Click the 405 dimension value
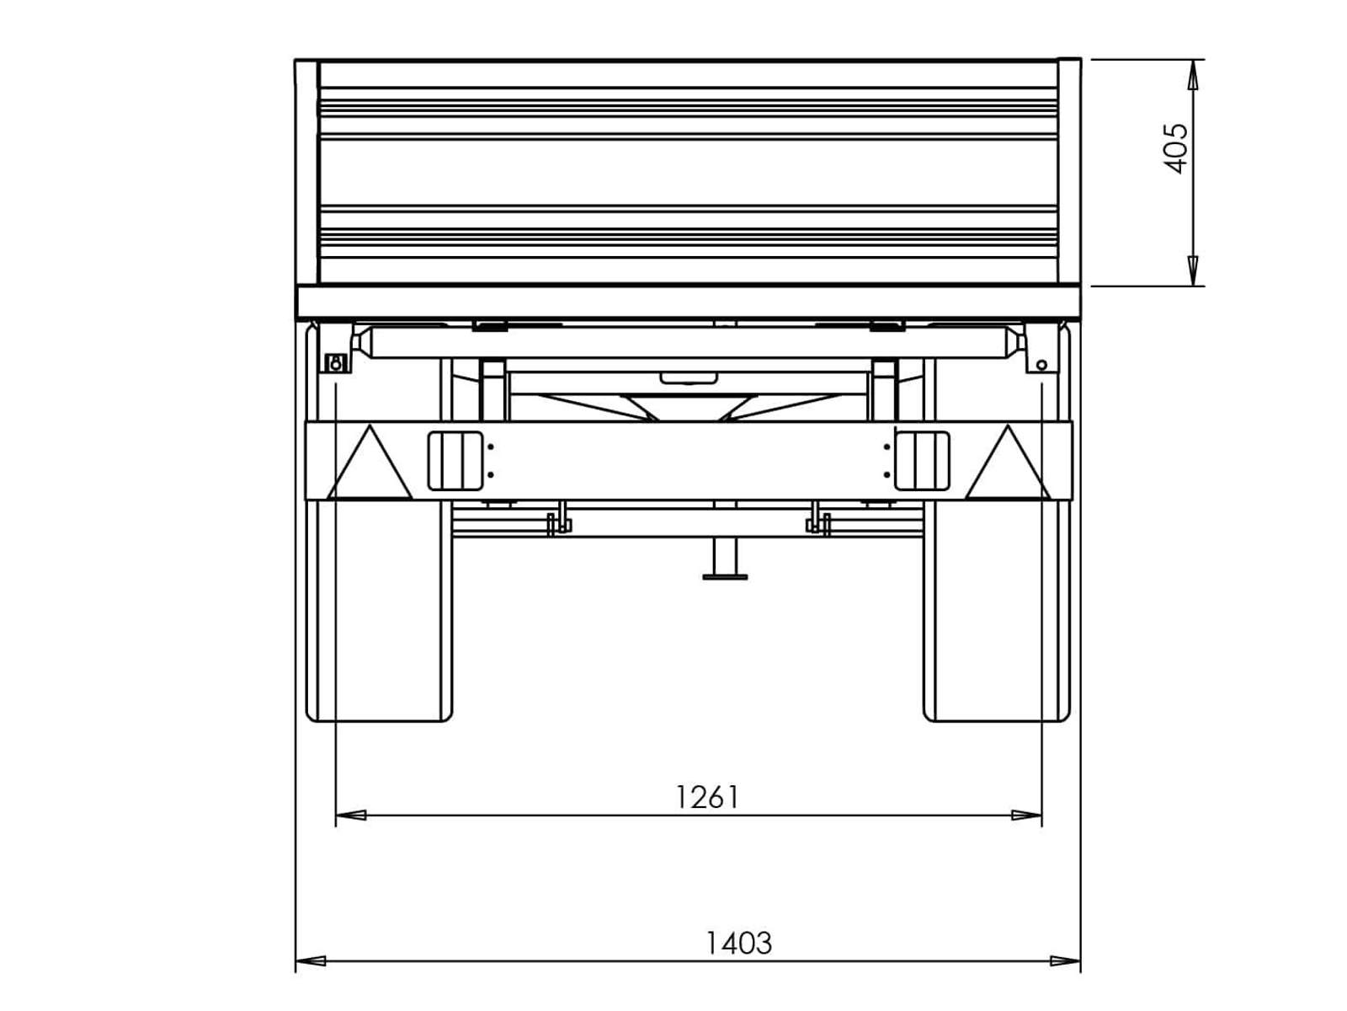(x=1175, y=148)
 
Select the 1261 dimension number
(x=706, y=797)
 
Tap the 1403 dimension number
(x=738, y=942)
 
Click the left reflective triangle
(x=370, y=463)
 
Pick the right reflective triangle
(x=1008, y=463)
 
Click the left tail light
(x=455, y=461)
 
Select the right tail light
(x=922, y=461)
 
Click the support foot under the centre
(x=725, y=559)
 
